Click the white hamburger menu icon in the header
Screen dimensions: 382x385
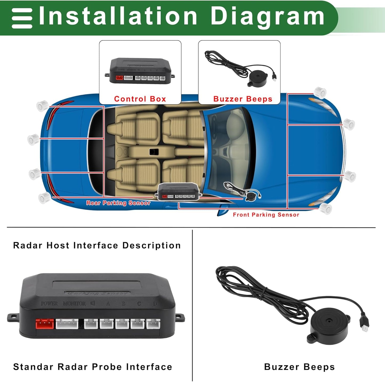coord(22,18)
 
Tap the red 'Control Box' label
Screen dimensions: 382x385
coord(140,99)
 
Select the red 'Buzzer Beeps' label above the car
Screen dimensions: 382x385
coord(243,99)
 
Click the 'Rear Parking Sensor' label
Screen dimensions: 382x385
coord(118,203)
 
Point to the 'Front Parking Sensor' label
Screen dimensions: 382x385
coord(266,215)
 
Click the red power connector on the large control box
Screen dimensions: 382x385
coord(45,324)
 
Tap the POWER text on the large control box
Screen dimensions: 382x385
coord(49,304)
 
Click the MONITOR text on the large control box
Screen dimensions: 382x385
coord(74,304)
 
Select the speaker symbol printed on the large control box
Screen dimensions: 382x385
coord(93,303)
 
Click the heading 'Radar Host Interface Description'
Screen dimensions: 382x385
coord(97,245)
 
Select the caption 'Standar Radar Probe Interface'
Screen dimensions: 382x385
coord(93,367)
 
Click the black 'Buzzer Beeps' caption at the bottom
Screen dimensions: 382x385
coord(299,367)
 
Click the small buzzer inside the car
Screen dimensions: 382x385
coord(250,196)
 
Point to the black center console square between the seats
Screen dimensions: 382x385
coord(154,152)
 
